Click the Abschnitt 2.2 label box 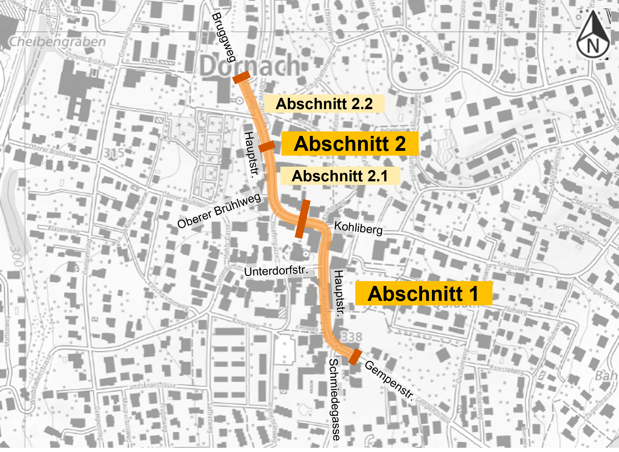(x=324, y=104)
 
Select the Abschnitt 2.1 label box (x=340, y=176)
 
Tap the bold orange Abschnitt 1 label (x=423, y=294)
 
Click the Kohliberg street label (x=358, y=228)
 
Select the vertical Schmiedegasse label (x=335, y=399)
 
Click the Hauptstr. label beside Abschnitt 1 (x=339, y=294)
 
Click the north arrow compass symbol (x=593, y=35)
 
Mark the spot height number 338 (x=352, y=337)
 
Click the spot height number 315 (x=114, y=153)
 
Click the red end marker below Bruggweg (x=241, y=77)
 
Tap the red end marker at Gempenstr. (x=355, y=356)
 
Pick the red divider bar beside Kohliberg (x=303, y=219)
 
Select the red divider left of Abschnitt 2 (x=266, y=146)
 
